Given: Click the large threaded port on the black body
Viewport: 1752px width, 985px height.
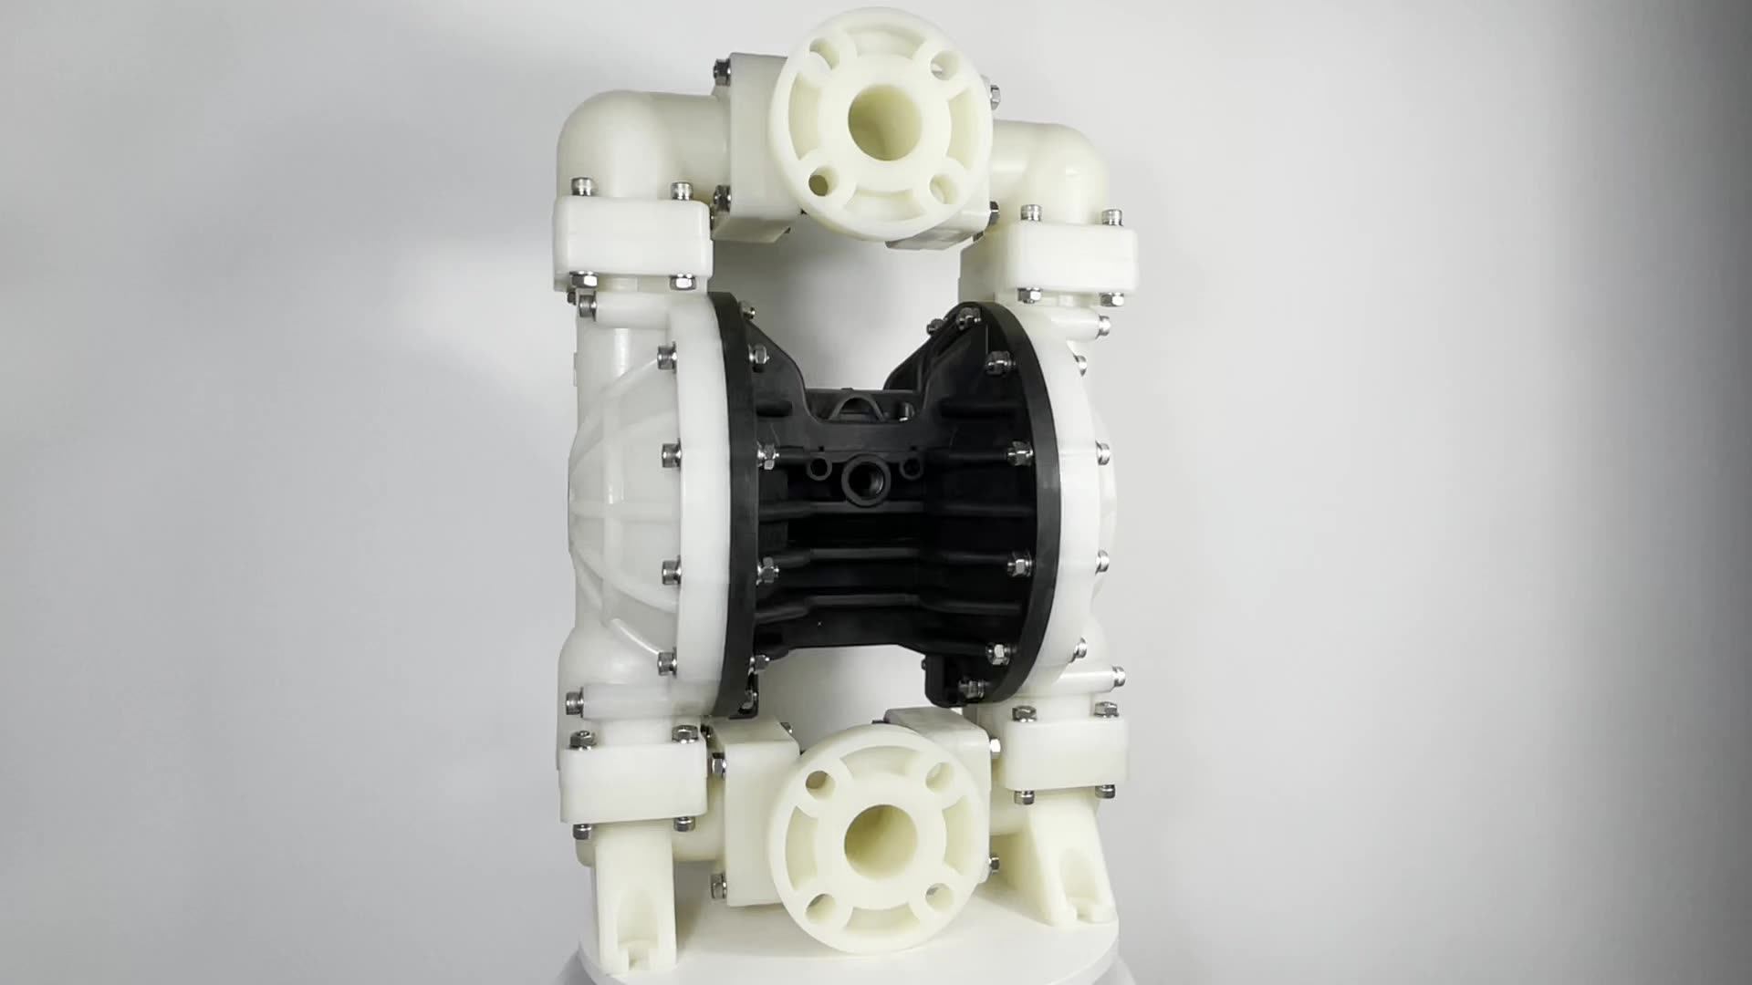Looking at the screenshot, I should (862, 478).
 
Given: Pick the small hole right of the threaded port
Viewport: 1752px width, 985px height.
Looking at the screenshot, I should (911, 468).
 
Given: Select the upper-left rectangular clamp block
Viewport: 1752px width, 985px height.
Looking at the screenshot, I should (632, 238).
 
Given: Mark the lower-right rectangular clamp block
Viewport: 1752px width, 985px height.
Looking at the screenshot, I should (1062, 757).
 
